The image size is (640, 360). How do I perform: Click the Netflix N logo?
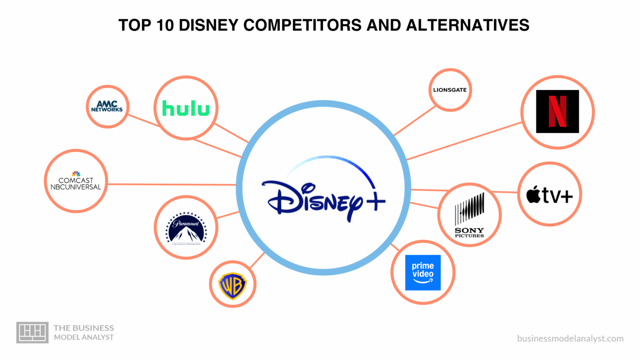(557, 111)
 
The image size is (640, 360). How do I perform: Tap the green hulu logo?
(186, 108)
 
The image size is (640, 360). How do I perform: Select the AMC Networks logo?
(107, 106)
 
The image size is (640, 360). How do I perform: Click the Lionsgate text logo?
(450, 90)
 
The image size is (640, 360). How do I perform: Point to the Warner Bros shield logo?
(232, 286)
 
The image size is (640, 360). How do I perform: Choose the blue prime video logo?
(422, 272)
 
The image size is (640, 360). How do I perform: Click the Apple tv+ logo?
(549, 195)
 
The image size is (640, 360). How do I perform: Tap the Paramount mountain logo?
(186, 228)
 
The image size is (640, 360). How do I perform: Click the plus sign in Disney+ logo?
(373, 201)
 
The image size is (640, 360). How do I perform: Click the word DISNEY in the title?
(208, 25)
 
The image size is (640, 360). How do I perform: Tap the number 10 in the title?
(165, 25)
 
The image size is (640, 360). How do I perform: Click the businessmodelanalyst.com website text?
(570, 338)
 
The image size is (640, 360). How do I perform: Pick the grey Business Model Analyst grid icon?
(32, 332)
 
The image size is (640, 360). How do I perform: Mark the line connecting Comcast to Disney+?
(171, 184)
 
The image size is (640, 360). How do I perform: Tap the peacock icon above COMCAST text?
(76, 173)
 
